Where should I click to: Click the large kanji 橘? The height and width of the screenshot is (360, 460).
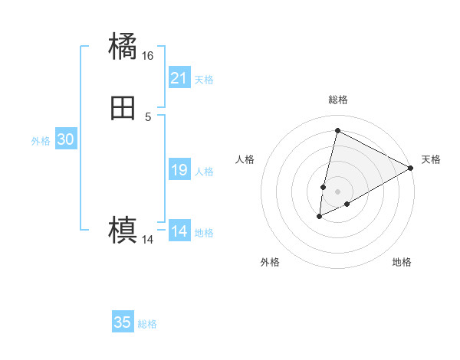pos(123,47)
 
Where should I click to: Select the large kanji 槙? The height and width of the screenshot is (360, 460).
pos(123,229)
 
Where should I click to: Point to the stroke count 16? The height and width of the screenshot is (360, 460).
pos(148,56)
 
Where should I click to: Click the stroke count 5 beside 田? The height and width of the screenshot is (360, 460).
pos(148,116)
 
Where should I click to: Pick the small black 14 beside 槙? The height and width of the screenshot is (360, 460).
pos(148,240)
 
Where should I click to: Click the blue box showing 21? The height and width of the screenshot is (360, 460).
pos(179,78)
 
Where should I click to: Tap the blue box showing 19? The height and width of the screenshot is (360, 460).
pos(179,170)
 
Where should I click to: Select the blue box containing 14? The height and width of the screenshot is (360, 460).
pos(179,231)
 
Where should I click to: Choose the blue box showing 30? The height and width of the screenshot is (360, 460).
pos(66,139)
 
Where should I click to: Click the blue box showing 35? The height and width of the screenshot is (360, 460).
pos(123,322)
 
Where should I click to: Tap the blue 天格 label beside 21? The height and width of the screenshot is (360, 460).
pos(204,80)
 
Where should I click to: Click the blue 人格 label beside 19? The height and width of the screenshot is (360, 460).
pos(204,172)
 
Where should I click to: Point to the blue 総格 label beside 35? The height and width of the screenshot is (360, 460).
pos(147,324)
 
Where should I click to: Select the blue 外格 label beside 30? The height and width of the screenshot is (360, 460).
pos(41,141)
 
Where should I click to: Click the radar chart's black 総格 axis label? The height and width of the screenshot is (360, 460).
pos(338,100)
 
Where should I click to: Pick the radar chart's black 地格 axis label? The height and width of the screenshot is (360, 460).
pos(402,262)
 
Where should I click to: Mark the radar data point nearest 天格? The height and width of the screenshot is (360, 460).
pos(411,168)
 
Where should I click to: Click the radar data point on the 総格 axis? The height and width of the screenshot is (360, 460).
pos(337,130)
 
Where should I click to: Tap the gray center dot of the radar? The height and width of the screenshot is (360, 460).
pos(338,191)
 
